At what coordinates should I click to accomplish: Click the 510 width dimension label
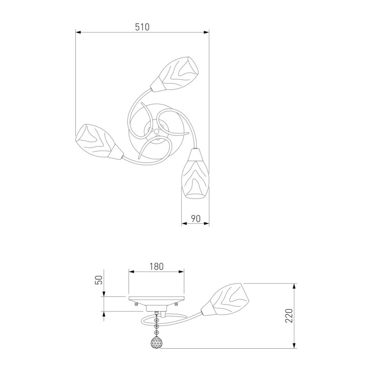[x=142, y=27]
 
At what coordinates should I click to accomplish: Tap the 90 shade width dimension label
[x=196, y=219]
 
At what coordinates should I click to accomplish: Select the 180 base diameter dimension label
[x=157, y=266]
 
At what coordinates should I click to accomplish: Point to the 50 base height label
[x=100, y=280]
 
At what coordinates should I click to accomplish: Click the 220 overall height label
[x=289, y=316]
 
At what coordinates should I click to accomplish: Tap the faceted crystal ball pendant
[x=157, y=342]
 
